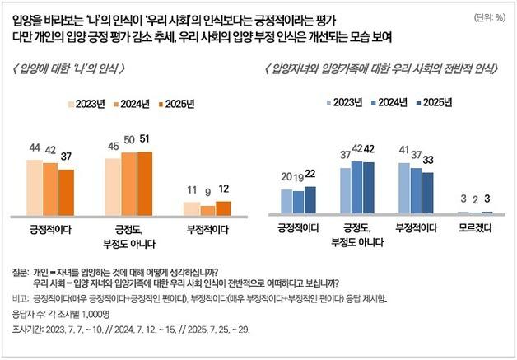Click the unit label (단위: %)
pyautogui.click(x=489, y=16)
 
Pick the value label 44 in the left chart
pyautogui.click(x=35, y=147)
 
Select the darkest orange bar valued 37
pyautogui.click(x=66, y=193)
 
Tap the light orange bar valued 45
pyautogui.click(x=113, y=186)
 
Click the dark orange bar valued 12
pyautogui.click(x=224, y=208)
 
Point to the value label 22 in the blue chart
pyautogui.click(x=310, y=175)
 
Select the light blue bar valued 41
pyautogui.click(x=403, y=188)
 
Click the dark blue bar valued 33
pyautogui.click(x=427, y=193)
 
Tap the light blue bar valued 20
pyautogui.click(x=286, y=202)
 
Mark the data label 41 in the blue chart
pyautogui.click(x=403, y=152)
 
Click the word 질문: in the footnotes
pyautogui.click(x=21, y=271)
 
